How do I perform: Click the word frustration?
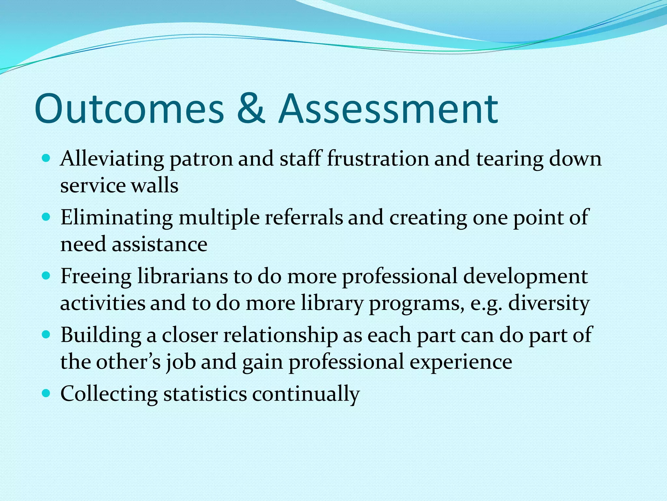(x=378, y=159)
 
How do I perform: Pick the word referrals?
(x=304, y=218)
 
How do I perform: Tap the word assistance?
(x=160, y=245)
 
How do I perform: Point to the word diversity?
(x=549, y=303)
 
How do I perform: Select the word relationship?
(x=280, y=335)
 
